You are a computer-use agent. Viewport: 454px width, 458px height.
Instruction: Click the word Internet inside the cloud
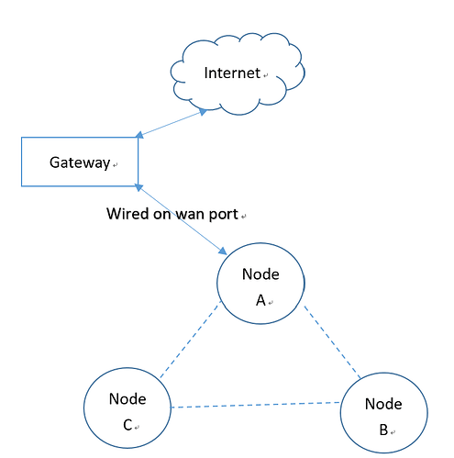pos(232,73)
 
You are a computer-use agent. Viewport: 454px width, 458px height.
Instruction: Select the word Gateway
pos(80,162)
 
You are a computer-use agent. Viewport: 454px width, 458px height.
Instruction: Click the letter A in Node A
pos(260,300)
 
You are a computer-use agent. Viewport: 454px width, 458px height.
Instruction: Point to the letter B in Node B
pos(383,430)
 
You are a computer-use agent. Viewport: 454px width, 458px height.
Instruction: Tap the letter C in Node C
pos(127,425)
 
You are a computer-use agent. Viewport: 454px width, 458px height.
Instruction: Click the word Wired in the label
pos(127,214)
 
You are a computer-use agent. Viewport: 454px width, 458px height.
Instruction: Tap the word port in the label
pos(223,215)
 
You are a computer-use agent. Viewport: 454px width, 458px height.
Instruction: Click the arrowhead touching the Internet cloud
pos(203,112)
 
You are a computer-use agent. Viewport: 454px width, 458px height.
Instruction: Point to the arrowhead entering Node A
pos(223,251)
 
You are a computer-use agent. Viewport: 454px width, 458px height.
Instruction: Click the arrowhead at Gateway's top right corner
pos(139,135)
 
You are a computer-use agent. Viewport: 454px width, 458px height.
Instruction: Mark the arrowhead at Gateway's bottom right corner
pos(138,187)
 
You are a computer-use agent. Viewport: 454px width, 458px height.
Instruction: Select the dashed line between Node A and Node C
pos(190,340)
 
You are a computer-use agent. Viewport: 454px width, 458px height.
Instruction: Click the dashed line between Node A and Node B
pos(332,341)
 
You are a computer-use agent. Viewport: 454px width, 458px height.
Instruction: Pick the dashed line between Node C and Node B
pos(255,405)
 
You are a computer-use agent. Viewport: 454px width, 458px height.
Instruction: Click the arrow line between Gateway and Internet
pos(172,124)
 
